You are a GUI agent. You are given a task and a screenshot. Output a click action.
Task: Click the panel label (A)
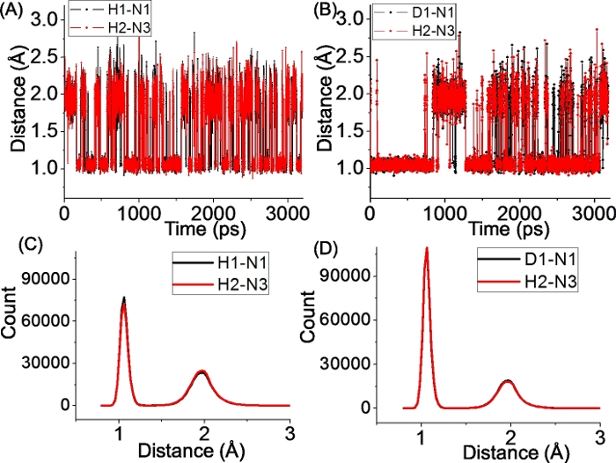[x=14, y=11]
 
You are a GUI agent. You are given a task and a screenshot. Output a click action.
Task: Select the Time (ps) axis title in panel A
[x=183, y=227]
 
